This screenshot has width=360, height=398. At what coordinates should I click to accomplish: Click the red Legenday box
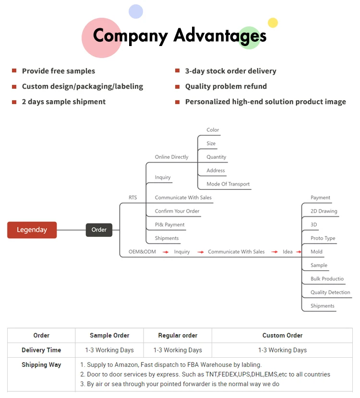coord(32,230)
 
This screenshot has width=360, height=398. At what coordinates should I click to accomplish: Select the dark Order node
coord(99,230)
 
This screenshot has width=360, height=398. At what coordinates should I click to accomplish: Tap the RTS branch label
coord(132,198)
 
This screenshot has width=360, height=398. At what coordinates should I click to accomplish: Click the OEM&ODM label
coord(142,252)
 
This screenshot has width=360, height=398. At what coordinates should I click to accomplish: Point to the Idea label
coord(288,252)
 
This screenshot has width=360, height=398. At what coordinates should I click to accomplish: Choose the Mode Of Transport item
coord(228,184)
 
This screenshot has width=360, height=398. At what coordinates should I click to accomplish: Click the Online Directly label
coord(171,157)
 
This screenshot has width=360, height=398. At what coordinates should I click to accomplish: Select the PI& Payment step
coord(169,225)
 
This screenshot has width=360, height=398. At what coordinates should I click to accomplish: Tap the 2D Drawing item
coord(324,211)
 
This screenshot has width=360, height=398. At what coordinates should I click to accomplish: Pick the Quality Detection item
coord(330,293)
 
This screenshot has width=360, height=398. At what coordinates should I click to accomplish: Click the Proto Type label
coord(323,238)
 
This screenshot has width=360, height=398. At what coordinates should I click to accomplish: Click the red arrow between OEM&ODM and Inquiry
coord(165,252)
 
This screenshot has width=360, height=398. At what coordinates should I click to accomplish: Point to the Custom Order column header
coord(282,336)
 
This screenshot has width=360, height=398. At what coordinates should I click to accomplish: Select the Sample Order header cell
coord(109,336)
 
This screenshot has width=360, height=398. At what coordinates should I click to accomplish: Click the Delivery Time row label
coord(41,350)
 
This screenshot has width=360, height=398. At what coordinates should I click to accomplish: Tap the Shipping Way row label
coord(41,365)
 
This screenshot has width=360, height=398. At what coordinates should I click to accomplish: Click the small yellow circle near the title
coord(273,23)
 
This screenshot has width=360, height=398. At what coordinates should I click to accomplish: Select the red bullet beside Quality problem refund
coord(177,86)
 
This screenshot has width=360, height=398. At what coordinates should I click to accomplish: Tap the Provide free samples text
coord(59,71)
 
